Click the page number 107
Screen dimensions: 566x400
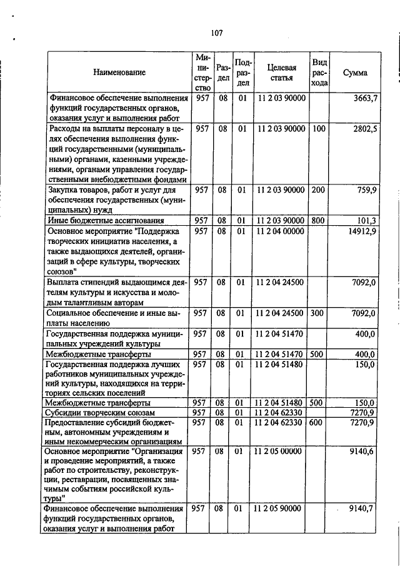coord(217,32)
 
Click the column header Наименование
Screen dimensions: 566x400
coord(119,73)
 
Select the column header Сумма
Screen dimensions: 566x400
coord(355,73)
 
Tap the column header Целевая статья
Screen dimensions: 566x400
coord(281,73)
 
